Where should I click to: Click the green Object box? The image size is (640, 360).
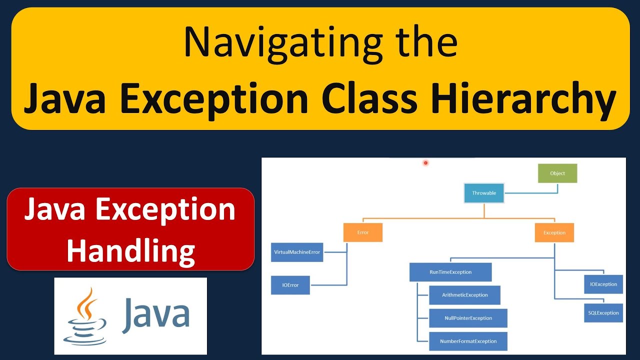(x=557, y=173)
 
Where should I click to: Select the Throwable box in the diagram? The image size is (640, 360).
(x=483, y=193)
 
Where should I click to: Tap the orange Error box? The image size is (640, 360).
(x=362, y=232)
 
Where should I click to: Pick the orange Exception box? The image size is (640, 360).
(x=554, y=232)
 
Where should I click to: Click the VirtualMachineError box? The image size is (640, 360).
(x=296, y=252)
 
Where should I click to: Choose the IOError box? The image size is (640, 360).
(x=290, y=285)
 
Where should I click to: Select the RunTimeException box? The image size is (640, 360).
(x=450, y=272)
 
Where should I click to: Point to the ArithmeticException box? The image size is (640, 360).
(x=464, y=295)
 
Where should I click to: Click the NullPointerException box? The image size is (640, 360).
(x=468, y=318)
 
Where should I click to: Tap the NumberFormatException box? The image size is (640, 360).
(x=468, y=341)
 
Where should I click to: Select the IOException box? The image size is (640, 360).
(x=603, y=284)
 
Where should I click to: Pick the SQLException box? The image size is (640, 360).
(x=603, y=312)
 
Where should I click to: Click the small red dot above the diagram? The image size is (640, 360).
(x=425, y=162)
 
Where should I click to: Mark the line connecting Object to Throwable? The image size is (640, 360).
(x=530, y=192)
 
